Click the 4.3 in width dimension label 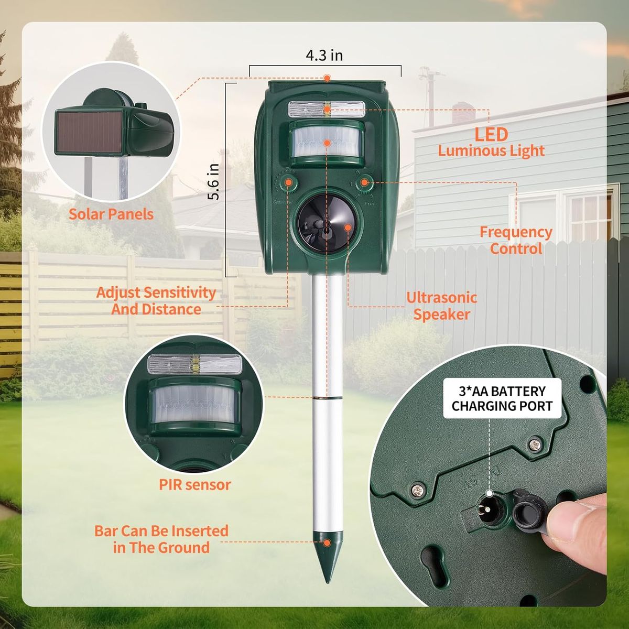point(324,56)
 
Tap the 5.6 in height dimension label point(214,181)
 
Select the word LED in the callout point(491,135)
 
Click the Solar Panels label point(111,214)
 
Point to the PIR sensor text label point(195,484)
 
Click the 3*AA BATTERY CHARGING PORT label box point(502,398)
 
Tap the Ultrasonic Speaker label point(442,306)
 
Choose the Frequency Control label point(516,240)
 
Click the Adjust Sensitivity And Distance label point(156,301)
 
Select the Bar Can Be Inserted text point(161,531)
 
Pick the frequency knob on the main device point(364,183)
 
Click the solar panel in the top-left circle point(89,132)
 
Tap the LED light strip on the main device point(327,110)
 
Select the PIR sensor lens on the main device point(327,142)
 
